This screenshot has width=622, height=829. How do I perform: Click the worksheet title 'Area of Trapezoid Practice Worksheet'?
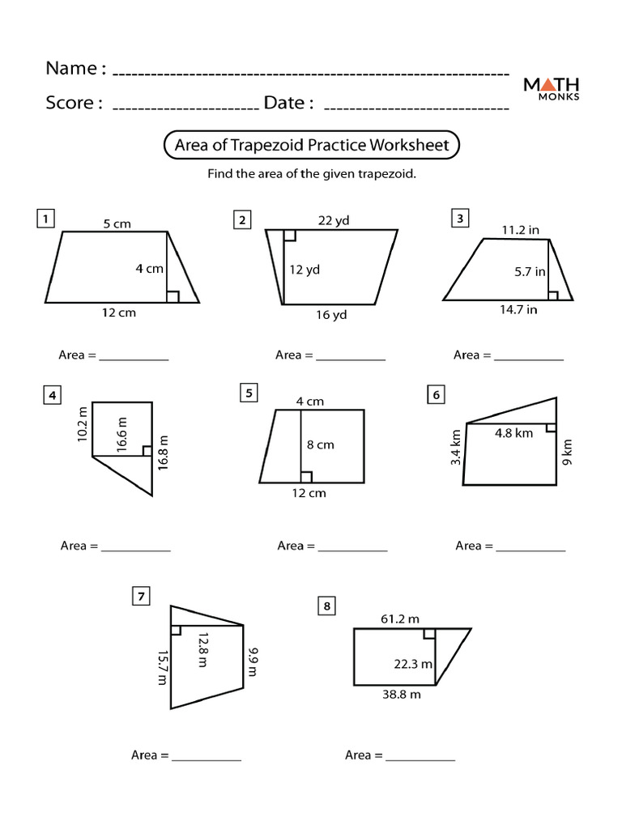pyautogui.click(x=312, y=146)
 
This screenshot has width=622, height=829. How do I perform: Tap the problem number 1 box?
pyautogui.click(x=46, y=219)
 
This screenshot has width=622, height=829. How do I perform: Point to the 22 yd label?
pyautogui.click(x=333, y=219)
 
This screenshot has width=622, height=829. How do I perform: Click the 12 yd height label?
pyautogui.click(x=305, y=270)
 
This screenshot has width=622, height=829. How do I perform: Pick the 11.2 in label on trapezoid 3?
pyautogui.click(x=520, y=230)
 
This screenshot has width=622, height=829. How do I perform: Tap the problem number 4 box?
pyautogui.click(x=52, y=395)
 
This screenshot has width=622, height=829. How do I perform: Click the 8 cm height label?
pyautogui.click(x=320, y=444)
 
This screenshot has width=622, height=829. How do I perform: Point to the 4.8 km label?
pyautogui.click(x=513, y=433)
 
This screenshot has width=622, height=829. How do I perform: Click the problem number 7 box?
pyautogui.click(x=140, y=597)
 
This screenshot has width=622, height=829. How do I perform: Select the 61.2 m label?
pyautogui.click(x=399, y=619)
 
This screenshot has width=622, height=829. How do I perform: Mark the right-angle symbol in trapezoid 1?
pyautogui.click(x=173, y=296)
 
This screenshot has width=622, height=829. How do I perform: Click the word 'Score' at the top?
pyautogui.click(x=73, y=103)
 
